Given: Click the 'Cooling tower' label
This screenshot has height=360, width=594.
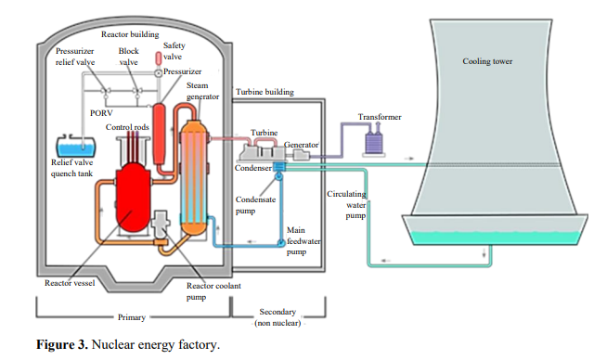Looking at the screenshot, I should [x=487, y=62].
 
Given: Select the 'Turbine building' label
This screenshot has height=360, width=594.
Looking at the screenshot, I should [x=266, y=93].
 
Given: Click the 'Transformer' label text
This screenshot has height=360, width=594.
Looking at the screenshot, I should [x=380, y=117].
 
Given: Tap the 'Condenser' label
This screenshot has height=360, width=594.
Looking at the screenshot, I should [x=252, y=168].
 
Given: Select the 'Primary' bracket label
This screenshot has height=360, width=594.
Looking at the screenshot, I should [x=132, y=316].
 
